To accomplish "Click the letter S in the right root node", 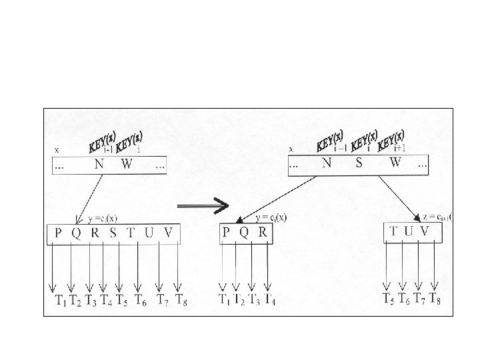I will click(359, 163).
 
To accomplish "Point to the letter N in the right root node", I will click(326, 163).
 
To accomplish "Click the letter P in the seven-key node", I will click(59, 233).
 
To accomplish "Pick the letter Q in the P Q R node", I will click(245, 233).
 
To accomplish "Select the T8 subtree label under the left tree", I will click(181, 301).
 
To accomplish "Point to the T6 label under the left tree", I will click(140, 301).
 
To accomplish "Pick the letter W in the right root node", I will click(396, 163).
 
